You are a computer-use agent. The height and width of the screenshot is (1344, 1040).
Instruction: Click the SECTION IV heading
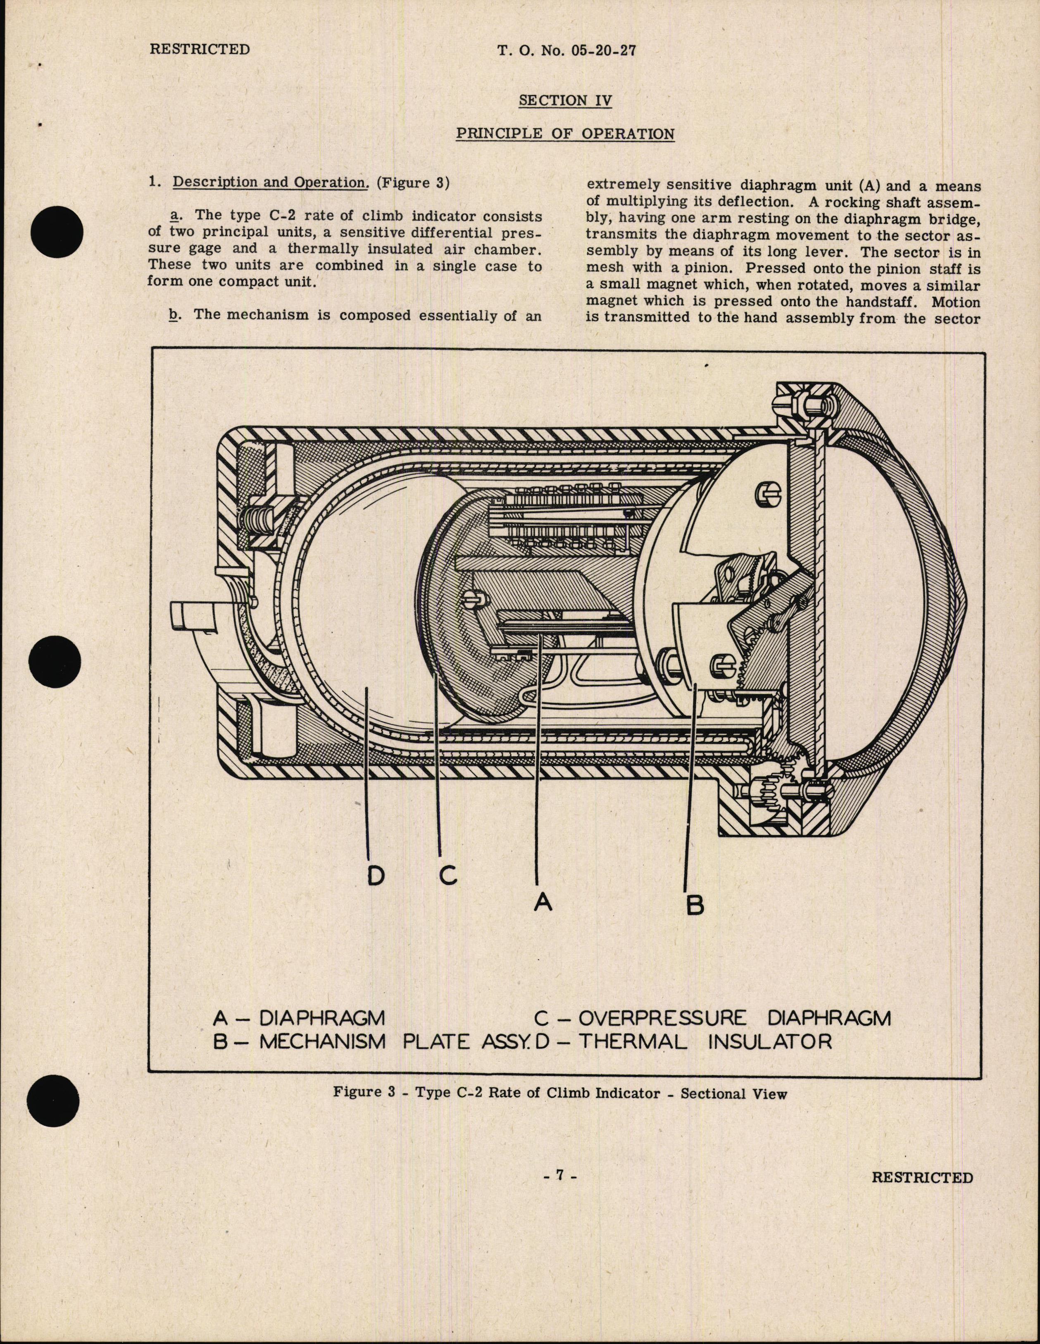564,100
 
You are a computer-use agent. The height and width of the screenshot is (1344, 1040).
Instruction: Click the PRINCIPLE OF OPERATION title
564,133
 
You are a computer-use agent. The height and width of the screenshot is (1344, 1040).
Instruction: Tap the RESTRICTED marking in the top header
200,49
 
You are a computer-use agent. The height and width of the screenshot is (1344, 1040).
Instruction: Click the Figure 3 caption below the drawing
560,1094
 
